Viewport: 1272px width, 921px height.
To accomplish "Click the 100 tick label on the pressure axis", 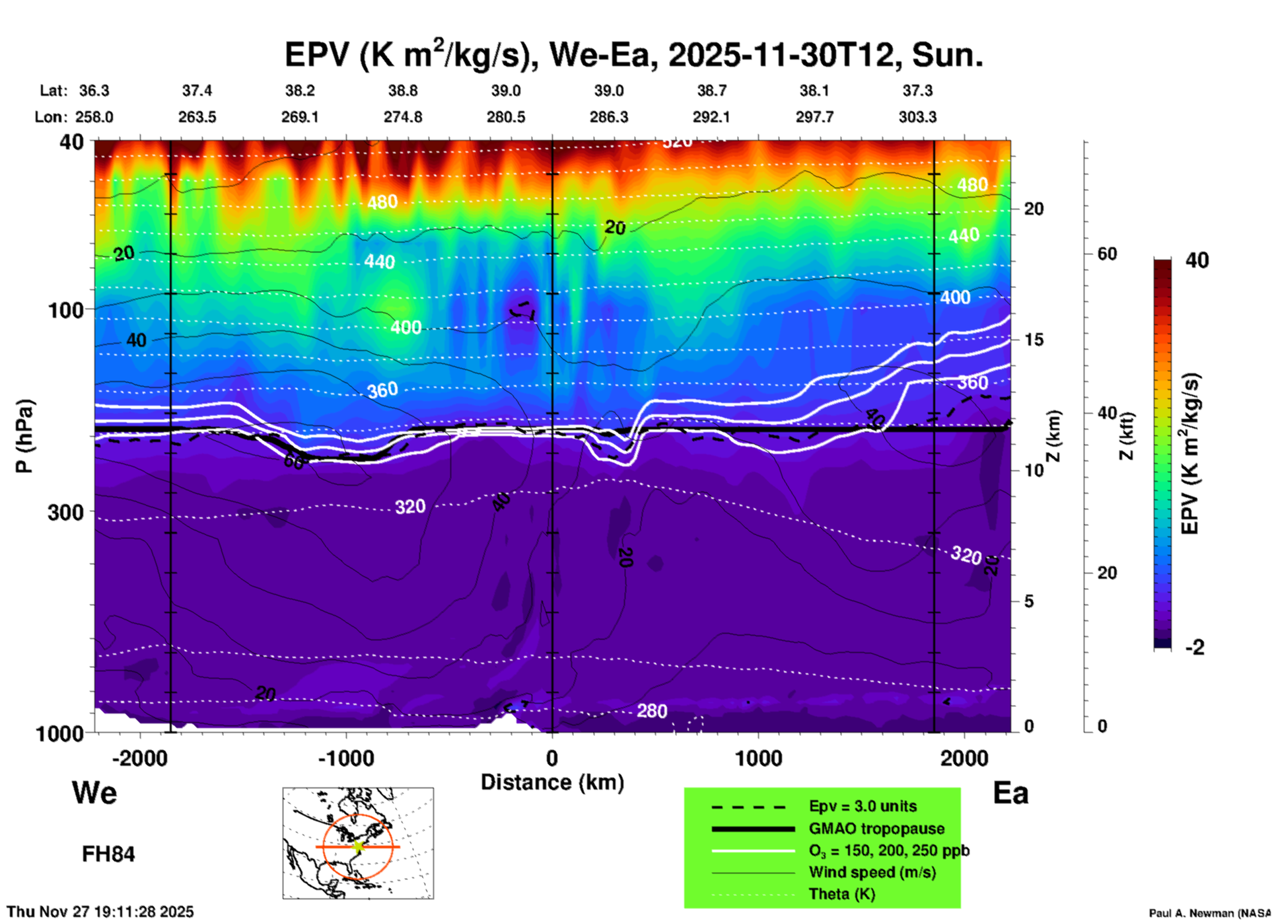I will click(66, 310).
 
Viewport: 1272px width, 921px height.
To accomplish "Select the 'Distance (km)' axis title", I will click(552, 782).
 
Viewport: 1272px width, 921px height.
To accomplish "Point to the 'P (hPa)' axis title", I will click(24, 436).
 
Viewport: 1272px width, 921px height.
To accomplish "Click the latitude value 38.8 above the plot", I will click(403, 91).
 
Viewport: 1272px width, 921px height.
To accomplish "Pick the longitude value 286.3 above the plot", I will click(609, 117).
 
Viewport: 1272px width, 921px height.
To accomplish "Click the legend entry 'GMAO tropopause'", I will click(876, 829).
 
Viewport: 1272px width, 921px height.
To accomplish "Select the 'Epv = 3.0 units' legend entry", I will click(863, 806).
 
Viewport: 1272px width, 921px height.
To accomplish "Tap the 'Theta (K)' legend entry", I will click(841, 894).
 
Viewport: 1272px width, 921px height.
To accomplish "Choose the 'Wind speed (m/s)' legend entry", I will click(872, 872).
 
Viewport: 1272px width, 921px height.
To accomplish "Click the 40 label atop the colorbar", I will click(1197, 260).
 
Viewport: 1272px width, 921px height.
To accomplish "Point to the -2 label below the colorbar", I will click(1195, 647).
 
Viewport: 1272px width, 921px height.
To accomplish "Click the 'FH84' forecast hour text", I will click(108, 854).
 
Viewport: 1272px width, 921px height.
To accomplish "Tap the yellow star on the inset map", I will click(358, 846).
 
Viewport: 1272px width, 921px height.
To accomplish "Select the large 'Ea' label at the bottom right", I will click(1010, 793).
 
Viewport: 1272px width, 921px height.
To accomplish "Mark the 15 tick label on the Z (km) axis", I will click(1034, 340).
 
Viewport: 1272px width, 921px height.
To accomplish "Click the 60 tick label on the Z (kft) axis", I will click(1107, 254).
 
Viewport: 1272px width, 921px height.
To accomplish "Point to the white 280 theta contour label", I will click(652, 711).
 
